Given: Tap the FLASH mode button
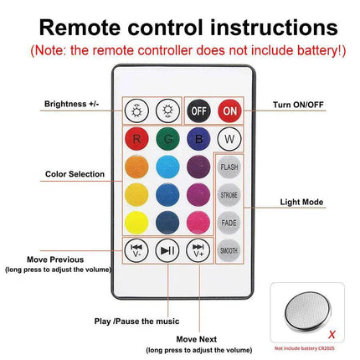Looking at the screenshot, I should [229, 167].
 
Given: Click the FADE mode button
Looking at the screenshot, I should [229, 222].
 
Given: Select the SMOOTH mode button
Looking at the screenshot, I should [229, 249].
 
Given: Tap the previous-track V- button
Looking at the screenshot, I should [136, 249].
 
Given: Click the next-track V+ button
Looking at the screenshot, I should [198, 249].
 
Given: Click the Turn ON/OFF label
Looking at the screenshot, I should [299, 105].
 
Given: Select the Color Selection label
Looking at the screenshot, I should [75, 174].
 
